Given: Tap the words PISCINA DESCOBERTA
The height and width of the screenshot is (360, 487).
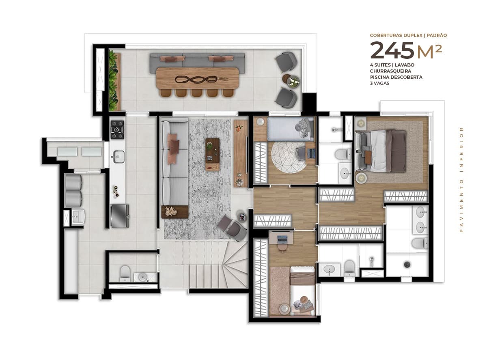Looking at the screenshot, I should pos(396,77).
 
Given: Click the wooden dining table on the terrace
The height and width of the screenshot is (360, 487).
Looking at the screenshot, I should pos(197,78).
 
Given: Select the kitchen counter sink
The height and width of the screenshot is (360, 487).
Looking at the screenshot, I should pos(118,156).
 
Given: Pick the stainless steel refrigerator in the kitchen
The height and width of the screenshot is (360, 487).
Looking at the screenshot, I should pos(120,216).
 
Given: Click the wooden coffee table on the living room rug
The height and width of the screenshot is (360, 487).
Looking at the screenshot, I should pos(212,150).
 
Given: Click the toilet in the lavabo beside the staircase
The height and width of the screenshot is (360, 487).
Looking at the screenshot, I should pos(125,273).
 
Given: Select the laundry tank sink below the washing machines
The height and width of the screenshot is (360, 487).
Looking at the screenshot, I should pos(78,217).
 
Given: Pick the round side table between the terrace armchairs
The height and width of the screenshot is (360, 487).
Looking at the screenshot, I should pos(293,80).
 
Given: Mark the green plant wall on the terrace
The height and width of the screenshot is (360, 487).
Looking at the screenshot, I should pos(114,80).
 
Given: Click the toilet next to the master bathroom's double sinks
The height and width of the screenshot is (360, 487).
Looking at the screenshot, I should pos(420,243).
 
